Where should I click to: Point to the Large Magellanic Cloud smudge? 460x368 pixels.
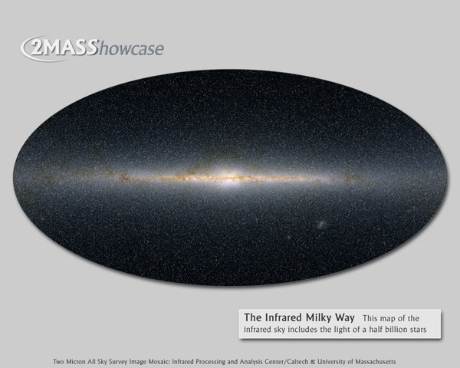(x=320, y=225)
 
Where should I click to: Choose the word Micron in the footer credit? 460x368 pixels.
(x=77, y=362)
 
